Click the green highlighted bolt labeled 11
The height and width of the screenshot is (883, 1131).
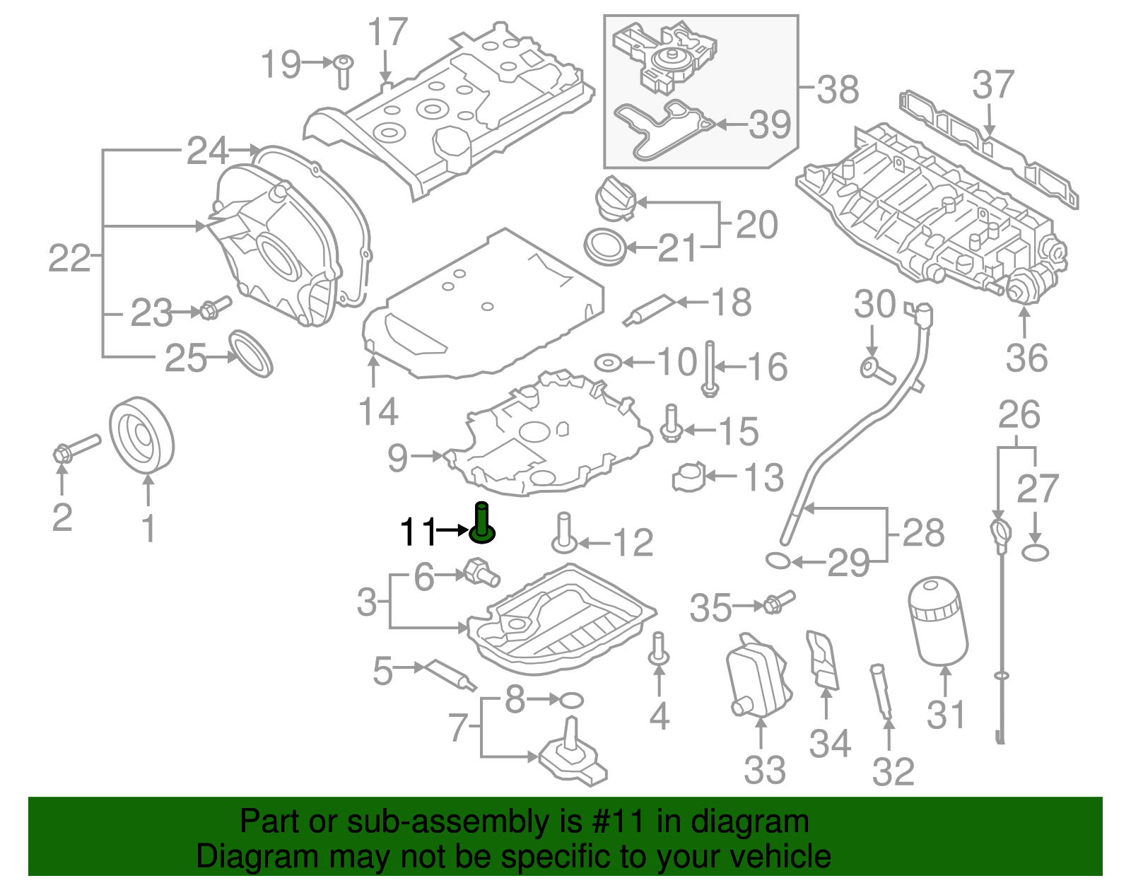482,523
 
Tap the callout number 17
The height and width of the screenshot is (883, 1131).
388,33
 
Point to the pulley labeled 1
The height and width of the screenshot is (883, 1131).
142,434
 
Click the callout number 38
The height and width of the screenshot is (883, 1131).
838,90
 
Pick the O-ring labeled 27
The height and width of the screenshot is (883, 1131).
1035,552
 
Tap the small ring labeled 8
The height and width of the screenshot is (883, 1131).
571,701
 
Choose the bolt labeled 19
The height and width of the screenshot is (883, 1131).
344,71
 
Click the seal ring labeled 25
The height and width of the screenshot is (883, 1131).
251,353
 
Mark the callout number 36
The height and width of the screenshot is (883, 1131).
1026,358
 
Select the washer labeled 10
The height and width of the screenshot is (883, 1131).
607,363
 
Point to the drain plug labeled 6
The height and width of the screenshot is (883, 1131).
482,572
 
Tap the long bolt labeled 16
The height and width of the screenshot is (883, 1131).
710,368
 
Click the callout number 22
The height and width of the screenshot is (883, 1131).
69,258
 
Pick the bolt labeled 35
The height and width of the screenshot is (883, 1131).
778,602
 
